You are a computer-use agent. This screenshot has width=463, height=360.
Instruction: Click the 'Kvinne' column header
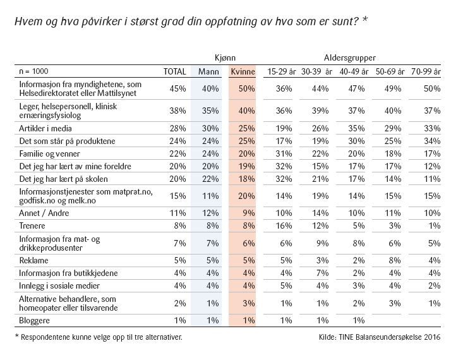(x=242, y=71)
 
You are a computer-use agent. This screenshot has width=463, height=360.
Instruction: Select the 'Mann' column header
(x=208, y=71)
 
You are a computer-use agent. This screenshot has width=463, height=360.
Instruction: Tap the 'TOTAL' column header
(x=175, y=71)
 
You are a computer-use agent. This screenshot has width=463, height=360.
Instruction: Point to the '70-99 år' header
(x=425, y=71)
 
